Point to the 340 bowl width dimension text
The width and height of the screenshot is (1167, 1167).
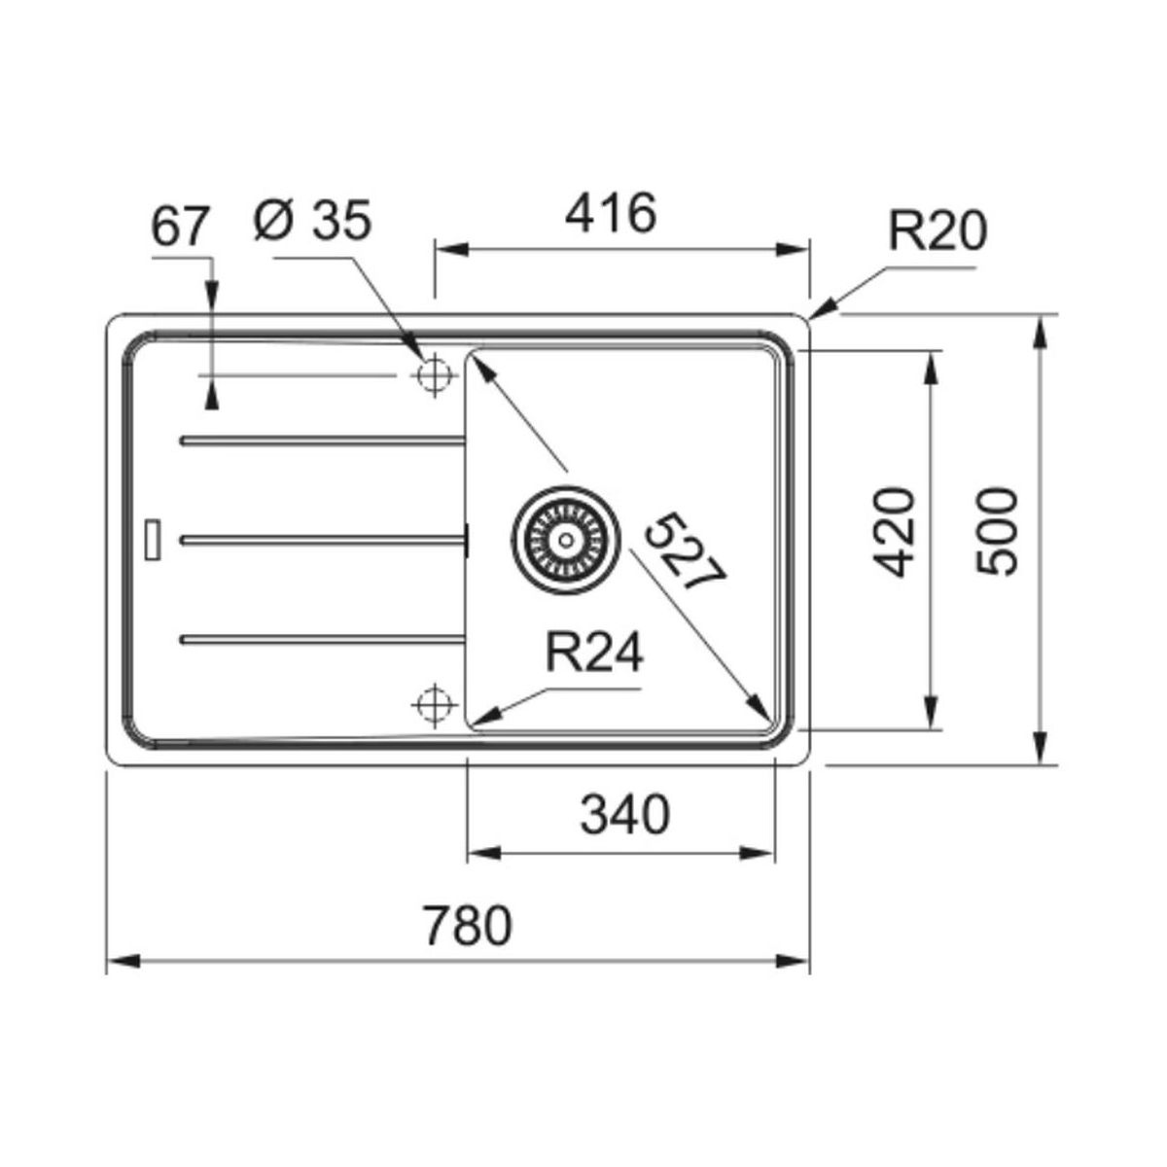click(625, 815)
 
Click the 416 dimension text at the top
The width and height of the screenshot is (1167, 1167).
click(611, 213)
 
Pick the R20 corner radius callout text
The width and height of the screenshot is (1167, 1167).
click(937, 230)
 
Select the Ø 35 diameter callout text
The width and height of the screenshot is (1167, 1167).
click(312, 221)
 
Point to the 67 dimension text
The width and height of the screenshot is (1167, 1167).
click(180, 227)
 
